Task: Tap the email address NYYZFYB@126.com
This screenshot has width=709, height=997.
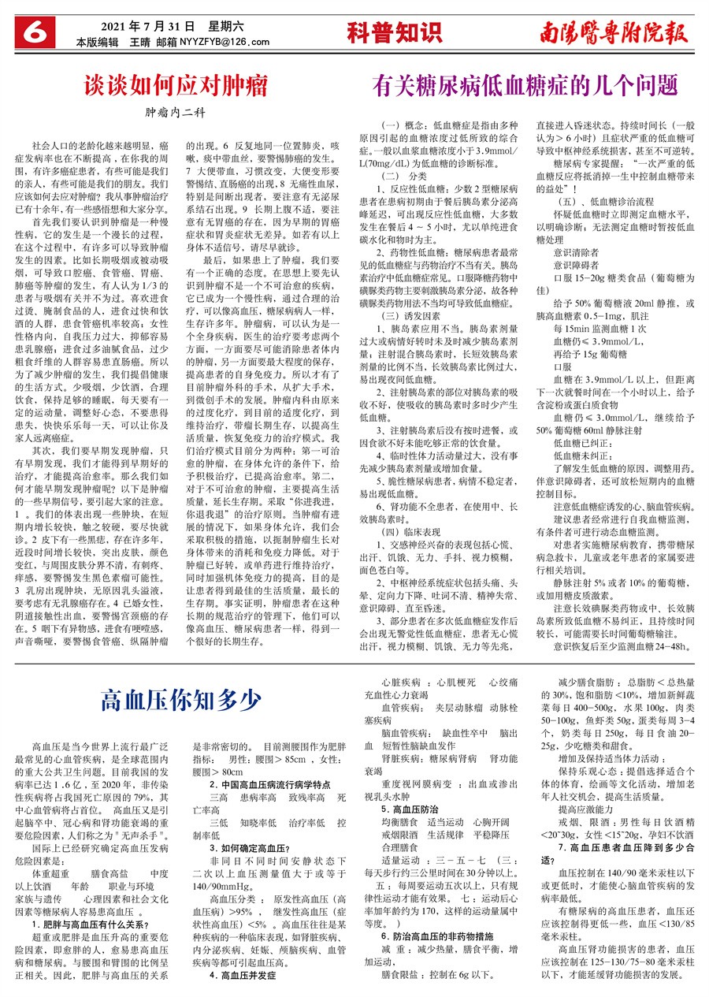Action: pos(225,42)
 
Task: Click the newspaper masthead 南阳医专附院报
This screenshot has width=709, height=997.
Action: pos(613,32)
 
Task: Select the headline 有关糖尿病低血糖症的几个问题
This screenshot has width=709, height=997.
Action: pos(525,84)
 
